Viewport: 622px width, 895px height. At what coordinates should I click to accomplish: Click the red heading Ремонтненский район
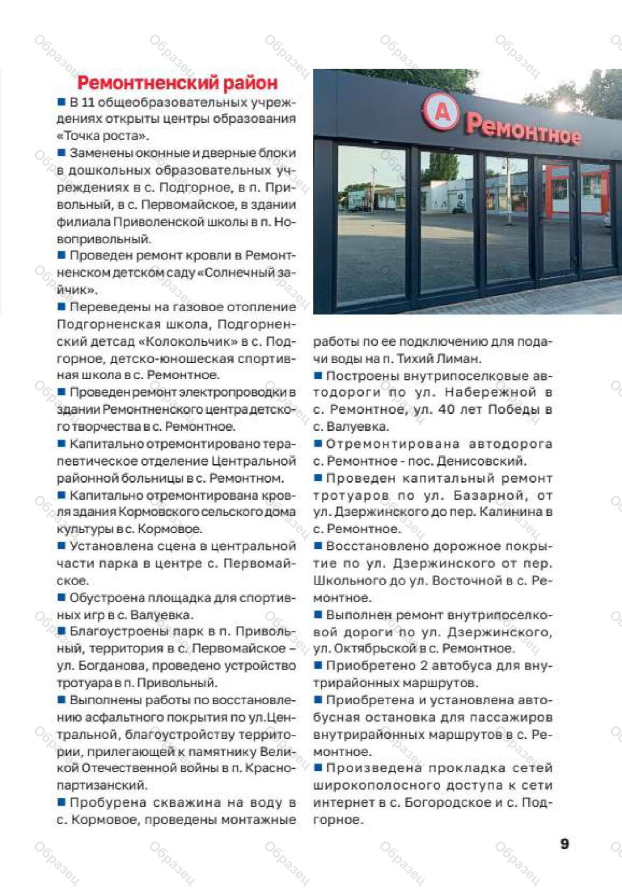coord(177,83)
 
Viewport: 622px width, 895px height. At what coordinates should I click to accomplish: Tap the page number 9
coord(564,844)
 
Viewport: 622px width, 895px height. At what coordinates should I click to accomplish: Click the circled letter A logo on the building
coord(441,114)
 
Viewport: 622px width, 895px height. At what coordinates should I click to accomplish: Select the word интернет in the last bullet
coord(343,802)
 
